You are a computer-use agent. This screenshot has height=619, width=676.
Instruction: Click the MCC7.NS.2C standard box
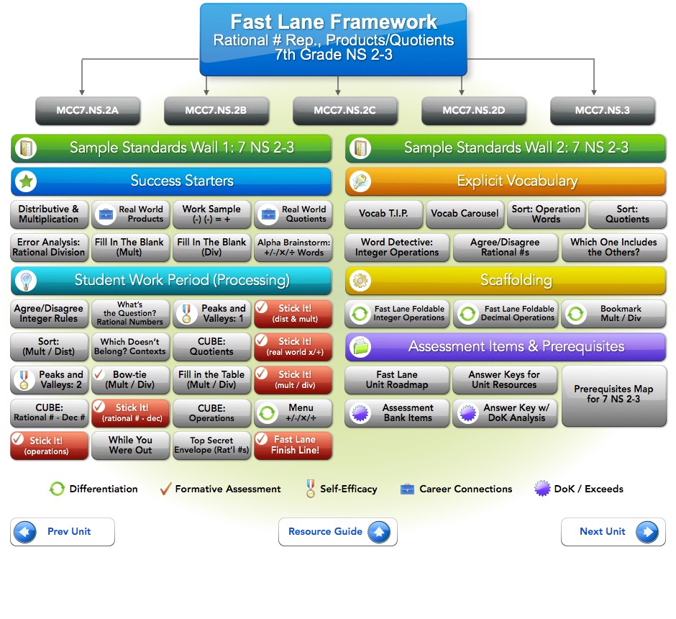[344, 111]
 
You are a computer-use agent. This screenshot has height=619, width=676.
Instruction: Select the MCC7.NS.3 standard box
[602, 111]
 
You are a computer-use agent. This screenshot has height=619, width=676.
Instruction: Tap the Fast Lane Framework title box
[333, 39]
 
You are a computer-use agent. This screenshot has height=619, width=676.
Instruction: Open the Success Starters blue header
[171, 181]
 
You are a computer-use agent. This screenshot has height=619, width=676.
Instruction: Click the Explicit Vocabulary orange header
[506, 181]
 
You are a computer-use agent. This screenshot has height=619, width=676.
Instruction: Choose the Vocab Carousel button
[465, 214]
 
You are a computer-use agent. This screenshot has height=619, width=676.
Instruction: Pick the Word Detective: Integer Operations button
[397, 248]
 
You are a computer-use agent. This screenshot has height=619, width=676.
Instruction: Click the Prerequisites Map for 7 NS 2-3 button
[613, 394]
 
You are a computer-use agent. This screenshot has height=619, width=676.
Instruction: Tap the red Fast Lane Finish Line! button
[293, 446]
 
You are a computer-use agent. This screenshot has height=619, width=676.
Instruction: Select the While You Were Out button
[130, 446]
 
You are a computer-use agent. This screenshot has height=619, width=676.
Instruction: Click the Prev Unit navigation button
[63, 532]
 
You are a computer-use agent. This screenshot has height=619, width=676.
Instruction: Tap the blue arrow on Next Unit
[646, 532]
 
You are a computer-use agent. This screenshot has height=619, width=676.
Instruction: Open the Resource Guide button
[337, 532]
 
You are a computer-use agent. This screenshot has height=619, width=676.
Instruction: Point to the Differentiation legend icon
[57, 489]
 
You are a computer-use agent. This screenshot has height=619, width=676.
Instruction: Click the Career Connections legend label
[465, 489]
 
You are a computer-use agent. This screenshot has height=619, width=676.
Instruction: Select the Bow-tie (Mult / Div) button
[131, 379]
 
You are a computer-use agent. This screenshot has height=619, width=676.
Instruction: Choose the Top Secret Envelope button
[212, 446]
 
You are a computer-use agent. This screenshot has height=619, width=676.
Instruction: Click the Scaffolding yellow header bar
[506, 280]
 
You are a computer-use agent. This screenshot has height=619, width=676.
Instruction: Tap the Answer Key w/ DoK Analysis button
[505, 413]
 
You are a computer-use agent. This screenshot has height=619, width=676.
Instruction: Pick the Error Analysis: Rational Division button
[49, 248]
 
